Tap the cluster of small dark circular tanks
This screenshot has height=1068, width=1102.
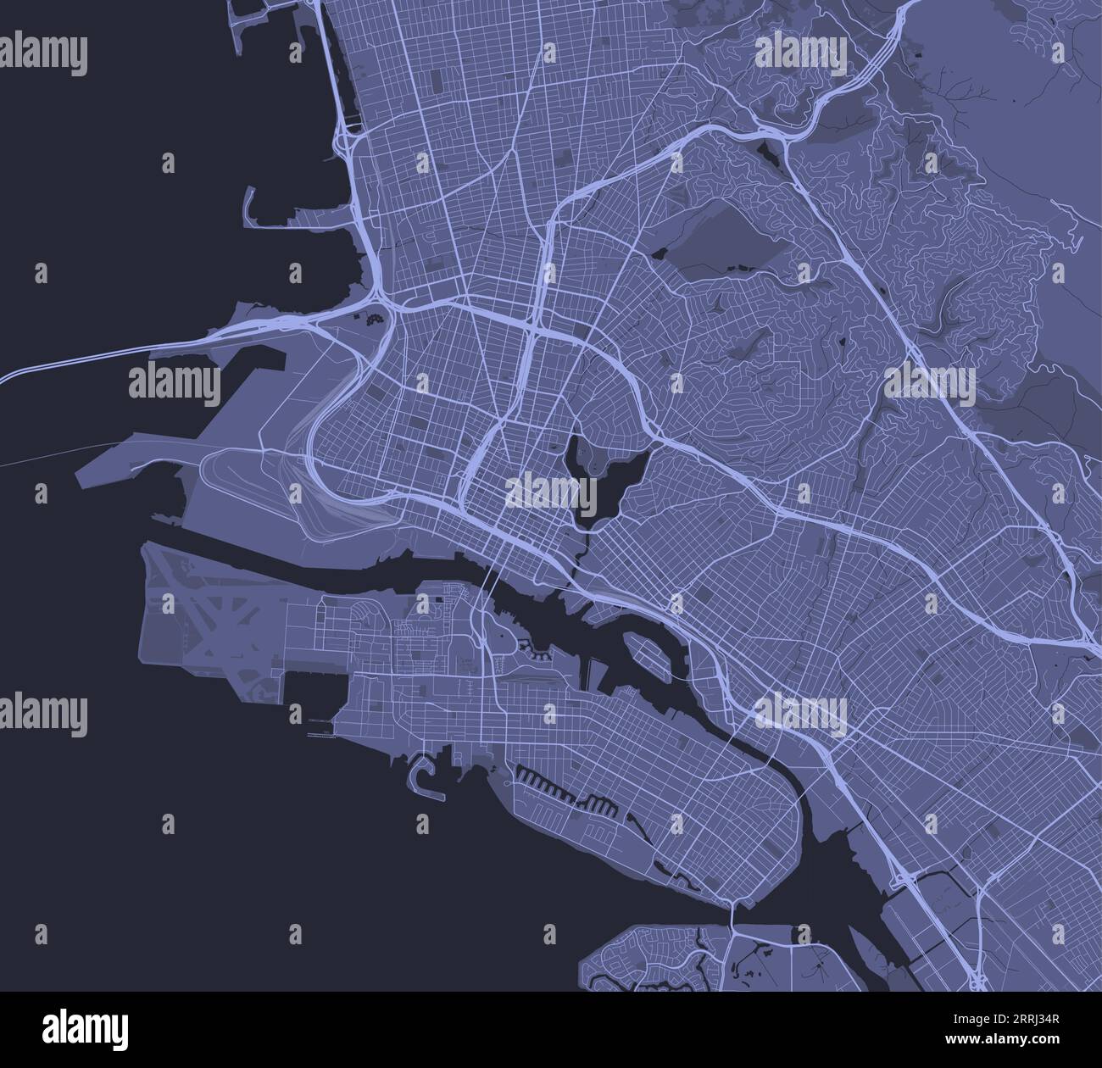click(x=372, y=320)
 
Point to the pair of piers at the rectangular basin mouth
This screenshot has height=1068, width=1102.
click(x=323, y=728)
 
